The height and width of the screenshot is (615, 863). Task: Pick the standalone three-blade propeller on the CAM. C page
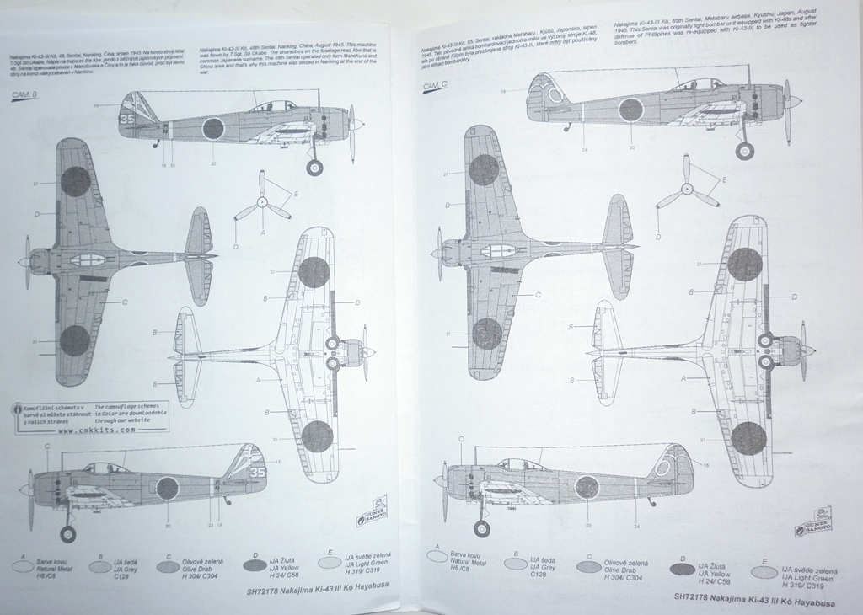click(x=687, y=187)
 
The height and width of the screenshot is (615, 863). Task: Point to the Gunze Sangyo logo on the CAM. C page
click(x=811, y=521)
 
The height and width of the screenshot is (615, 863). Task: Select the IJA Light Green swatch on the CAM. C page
click(x=763, y=574)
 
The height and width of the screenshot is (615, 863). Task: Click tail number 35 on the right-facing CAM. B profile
click(x=126, y=119)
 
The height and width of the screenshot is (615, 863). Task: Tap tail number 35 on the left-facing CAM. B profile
click(x=258, y=473)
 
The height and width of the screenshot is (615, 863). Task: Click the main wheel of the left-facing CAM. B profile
click(x=67, y=534)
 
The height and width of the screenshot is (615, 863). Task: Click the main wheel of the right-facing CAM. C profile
click(x=744, y=151)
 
